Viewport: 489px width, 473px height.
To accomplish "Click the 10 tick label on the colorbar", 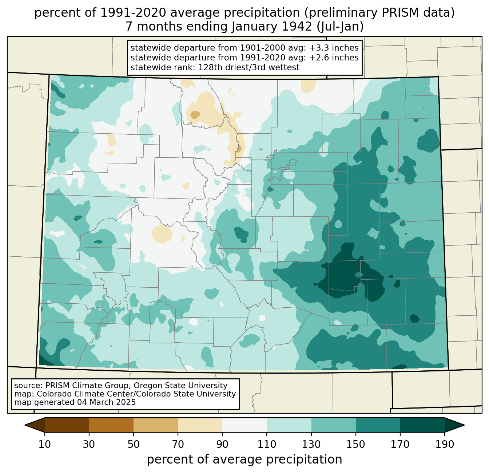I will [x=45, y=444].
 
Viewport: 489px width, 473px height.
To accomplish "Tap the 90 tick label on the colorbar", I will [x=222, y=444].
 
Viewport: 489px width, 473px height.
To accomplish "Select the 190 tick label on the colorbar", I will [x=444, y=444].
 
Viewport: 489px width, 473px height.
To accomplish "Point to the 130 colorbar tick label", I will [x=311, y=444].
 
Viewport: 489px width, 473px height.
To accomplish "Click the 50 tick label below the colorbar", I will [x=134, y=444].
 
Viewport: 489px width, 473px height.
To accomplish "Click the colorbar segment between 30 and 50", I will [x=111, y=425].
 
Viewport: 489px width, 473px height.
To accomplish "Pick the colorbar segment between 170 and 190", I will [x=422, y=425].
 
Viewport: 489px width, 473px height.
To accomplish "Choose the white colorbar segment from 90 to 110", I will [x=244, y=425].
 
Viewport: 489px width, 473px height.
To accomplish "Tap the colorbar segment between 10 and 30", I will [x=67, y=425].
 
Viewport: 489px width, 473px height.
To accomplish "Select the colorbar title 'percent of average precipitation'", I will [x=244, y=460].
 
